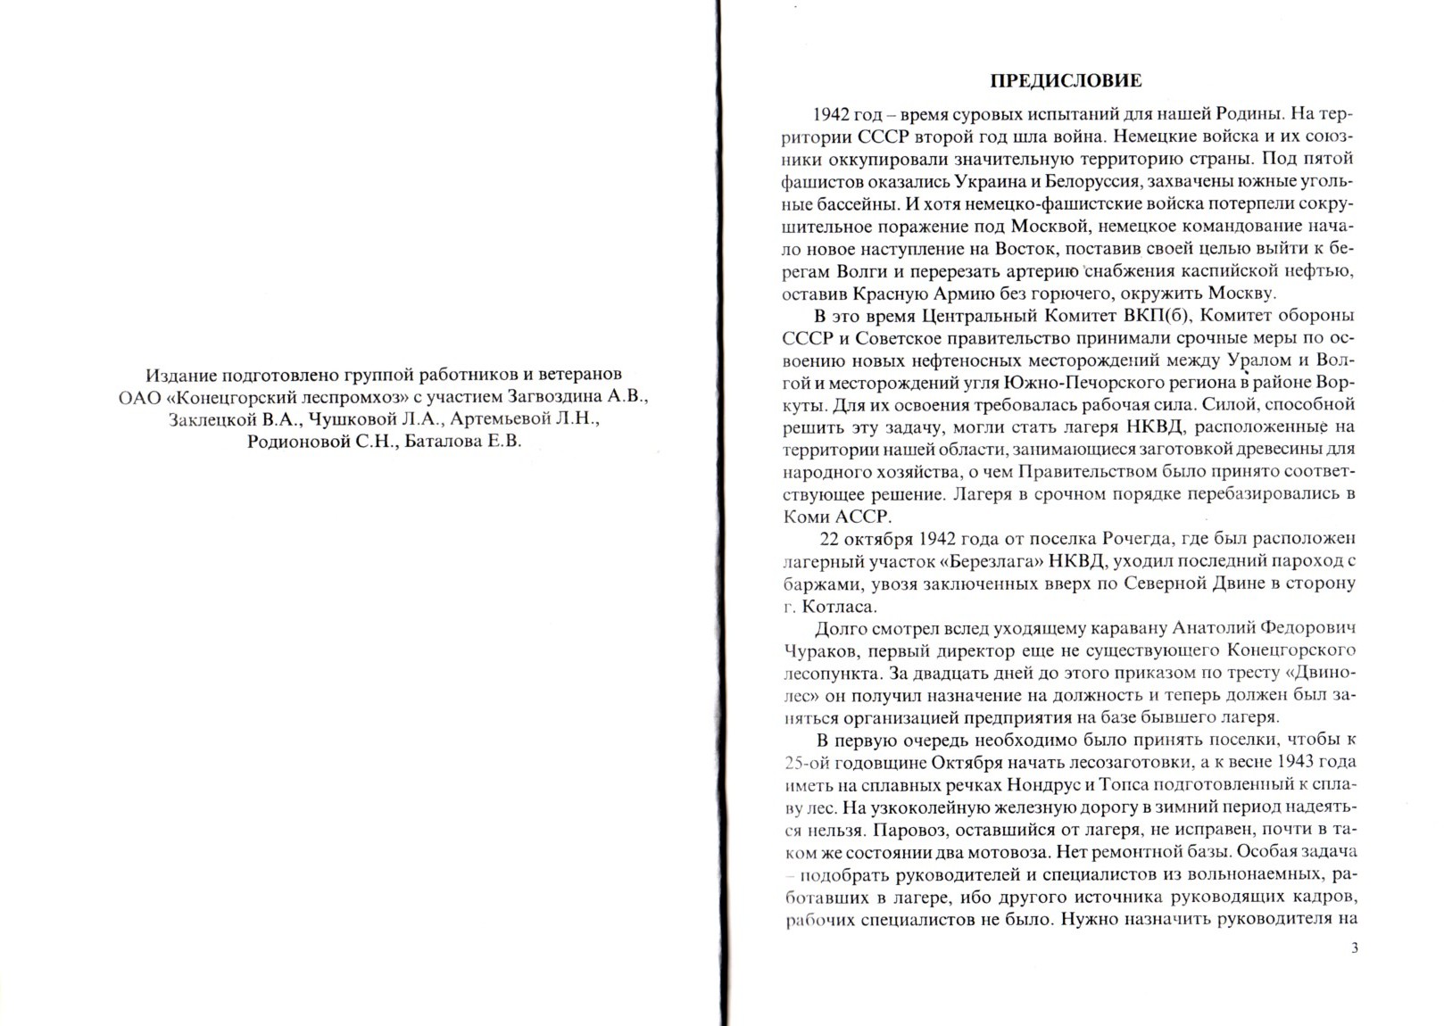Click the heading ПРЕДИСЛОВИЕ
coord(1066,81)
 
